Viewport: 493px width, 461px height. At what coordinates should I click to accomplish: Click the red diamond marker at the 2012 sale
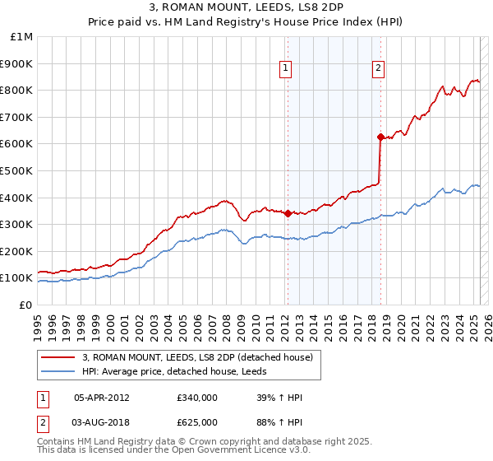[x=288, y=213]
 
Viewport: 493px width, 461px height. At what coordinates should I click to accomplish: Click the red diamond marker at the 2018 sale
[x=380, y=137]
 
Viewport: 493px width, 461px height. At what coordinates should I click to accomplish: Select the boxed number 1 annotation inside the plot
[x=285, y=69]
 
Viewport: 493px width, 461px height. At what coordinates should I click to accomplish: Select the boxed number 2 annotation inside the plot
[x=378, y=69]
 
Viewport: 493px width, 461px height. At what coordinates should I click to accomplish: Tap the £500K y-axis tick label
[x=17, y=171]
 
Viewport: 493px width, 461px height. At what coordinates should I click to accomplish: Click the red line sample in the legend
[x=59, y=357]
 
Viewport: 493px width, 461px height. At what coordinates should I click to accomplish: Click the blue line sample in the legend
[x=59, y=371]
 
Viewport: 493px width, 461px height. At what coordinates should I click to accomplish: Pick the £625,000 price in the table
[x=197, y=422]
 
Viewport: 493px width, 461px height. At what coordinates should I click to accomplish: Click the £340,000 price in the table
[x=197, y=398]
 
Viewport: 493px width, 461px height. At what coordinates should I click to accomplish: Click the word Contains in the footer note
[x=57, y=442]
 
